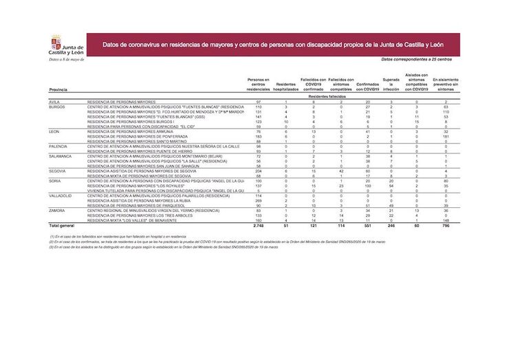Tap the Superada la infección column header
tap(390, 85)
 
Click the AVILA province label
tap(54, 102)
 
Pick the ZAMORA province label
tap(56, 210)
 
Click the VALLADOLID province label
tap(61, 195)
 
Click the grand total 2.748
tap(259, 225)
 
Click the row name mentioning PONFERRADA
tap(138, 137)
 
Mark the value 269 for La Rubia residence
tap(259, 200)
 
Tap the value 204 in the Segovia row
tap(259, 171)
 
